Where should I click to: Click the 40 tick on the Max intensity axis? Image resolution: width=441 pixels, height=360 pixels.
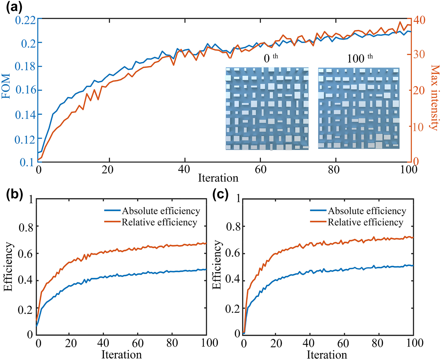[419, 20]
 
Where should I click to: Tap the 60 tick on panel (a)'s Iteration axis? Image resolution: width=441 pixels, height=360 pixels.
[261, 170]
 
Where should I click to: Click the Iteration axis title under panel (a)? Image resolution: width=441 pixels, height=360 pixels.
[218, 178]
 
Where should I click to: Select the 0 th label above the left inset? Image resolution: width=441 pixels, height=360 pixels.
[270, 58]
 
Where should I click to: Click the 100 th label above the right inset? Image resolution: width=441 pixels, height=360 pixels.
[359, 58]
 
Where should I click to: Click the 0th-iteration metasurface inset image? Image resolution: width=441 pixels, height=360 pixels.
[267, 108]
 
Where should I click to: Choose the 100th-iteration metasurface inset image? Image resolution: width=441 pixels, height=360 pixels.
[359, 108]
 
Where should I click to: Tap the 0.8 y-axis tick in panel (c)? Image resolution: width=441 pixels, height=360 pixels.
[233, 227]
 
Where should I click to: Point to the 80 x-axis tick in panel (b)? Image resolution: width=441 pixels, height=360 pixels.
[172, 343]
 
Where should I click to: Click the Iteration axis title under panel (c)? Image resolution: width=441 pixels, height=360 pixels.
[327, 354]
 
